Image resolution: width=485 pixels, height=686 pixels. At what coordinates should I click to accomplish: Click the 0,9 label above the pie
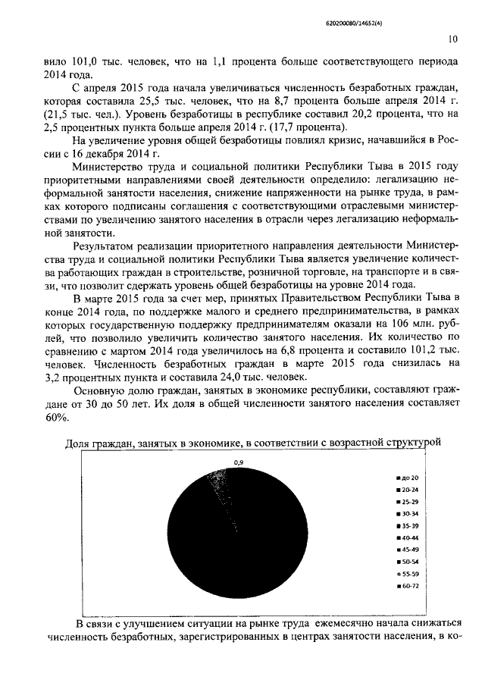click(x=239, y=462)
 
